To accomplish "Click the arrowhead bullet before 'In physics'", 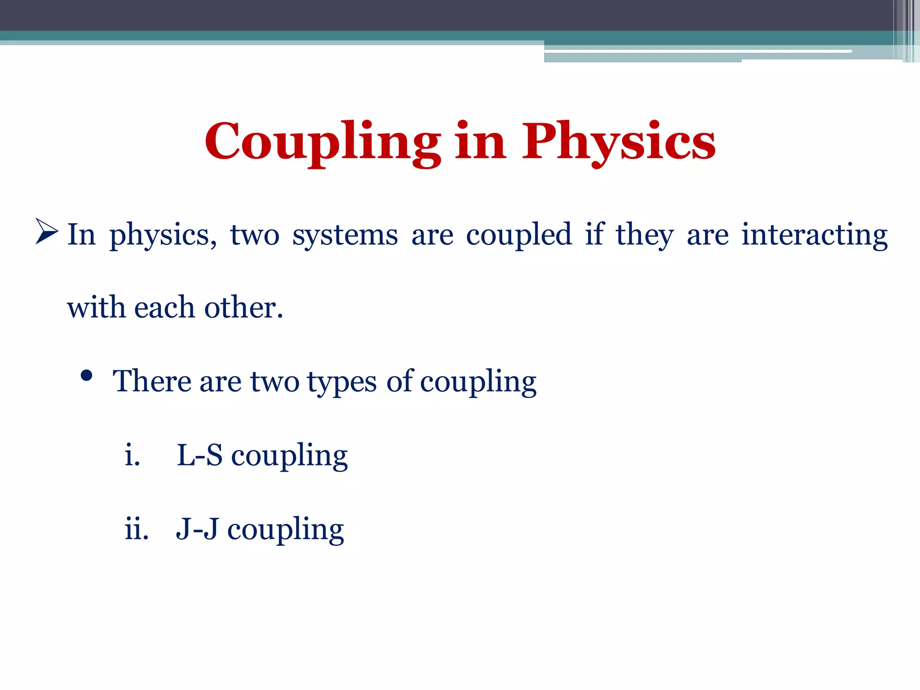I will (47, 232).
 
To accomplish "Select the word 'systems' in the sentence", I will (345, 235).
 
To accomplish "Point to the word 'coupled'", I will (519, 235).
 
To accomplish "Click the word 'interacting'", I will (814, 235).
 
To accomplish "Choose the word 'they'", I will (644, 235).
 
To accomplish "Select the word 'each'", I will (164, 308).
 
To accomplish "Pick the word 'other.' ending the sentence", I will (243, 308).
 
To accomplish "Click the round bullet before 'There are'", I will (87, 376).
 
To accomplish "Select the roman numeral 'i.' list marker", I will (133, 455).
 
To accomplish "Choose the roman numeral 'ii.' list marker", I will (137, 529).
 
